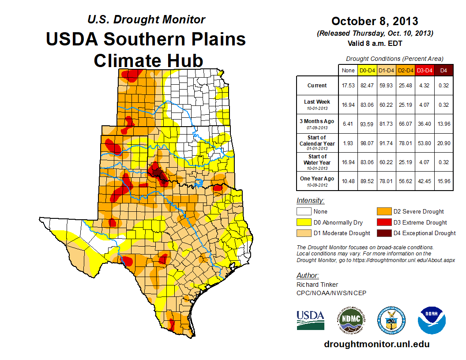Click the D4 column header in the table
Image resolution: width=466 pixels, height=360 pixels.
pyautogui.click(x=443, y=70)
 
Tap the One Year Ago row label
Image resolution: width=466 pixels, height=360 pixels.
pyautogui.click(x=317, y=181)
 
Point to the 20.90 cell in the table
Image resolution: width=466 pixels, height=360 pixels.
pyautogui.click(x=443, y=143)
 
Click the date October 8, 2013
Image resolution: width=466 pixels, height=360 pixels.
pyautogui.click(x=375, y=21)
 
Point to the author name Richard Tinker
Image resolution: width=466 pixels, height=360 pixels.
pyautogui.click(x=317, y=285)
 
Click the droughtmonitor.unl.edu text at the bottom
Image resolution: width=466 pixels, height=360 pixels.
pyautogui.click(x=376, y=344)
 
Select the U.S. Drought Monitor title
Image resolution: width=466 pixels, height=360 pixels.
pyautogui.click(x=146, y=19)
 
